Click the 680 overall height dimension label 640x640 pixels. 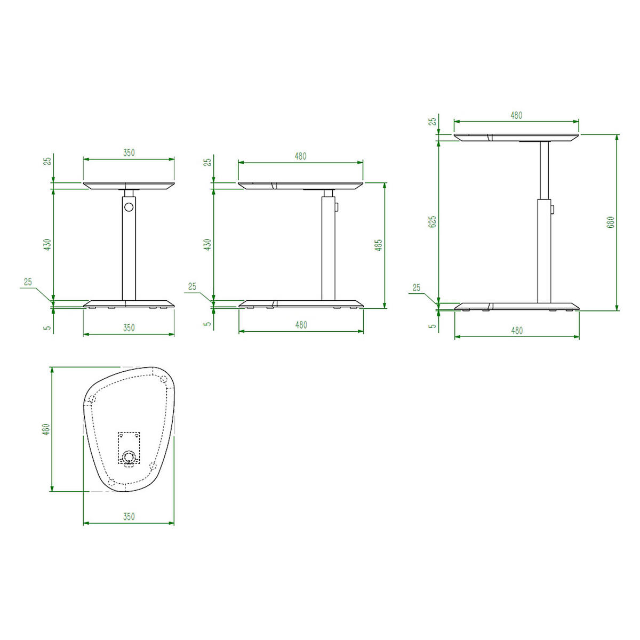point(611,222)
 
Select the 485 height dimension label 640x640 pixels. point(379,245)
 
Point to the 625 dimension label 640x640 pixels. point(432,221)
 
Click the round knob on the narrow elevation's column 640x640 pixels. point(129,207)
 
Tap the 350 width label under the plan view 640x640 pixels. point(129,516)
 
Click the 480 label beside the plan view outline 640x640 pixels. point(46,429)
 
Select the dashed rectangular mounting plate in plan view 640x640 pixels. point(129,447)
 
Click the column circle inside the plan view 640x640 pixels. point(128,458)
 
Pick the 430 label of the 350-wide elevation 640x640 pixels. point(48,244)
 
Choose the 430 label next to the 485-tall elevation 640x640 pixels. point(207,244)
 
